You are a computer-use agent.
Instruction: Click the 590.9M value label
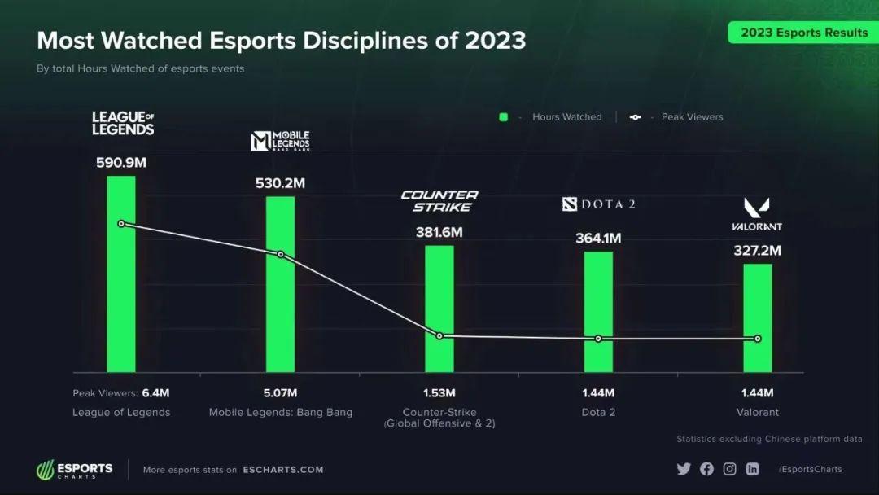pos(121,163)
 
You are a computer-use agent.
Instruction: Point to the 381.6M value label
pos(439,232)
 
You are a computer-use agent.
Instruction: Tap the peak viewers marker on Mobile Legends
pos(281,255)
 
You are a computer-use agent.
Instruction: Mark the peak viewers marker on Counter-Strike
pos(439,336)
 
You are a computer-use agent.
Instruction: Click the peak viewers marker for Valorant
pos(758,339)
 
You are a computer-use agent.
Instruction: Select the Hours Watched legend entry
pos(551,117)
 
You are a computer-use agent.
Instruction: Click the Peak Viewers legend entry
pos(677,117)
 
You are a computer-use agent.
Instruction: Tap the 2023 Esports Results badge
pos(803,33)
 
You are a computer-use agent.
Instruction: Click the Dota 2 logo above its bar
pos(598,204)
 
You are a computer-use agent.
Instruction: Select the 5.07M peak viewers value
pos(281,393)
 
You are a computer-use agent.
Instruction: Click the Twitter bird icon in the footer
pos(683,469)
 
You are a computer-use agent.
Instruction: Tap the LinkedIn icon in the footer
pos(753,469)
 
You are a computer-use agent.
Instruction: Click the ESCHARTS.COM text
pos(282,470)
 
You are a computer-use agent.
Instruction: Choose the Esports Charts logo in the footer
pos(74,470)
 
